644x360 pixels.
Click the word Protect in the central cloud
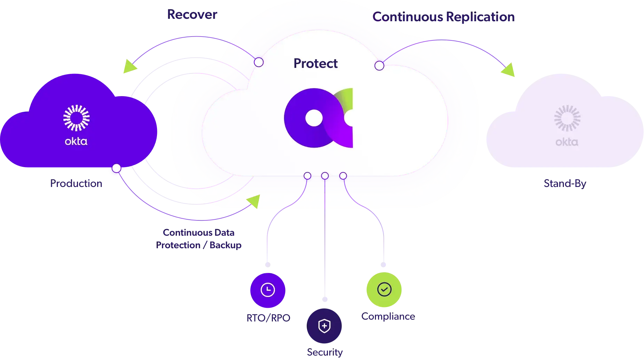[315, 63]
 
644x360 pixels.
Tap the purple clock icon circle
[268, 290]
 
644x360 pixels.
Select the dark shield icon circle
[324, 326]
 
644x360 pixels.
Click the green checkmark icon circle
[384, 289]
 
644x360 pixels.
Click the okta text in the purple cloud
[76, 141]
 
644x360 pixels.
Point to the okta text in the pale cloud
[567, 142]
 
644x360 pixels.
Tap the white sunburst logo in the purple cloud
[76, 118]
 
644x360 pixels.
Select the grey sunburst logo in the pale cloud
[567, 118]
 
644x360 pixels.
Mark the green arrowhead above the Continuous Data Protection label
[254, 202]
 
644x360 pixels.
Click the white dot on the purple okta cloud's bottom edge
[116, 169]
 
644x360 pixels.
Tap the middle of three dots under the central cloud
[325, 176]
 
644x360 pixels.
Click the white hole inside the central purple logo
[314, 118]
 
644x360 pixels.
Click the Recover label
[192, 14]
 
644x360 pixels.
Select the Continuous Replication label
[443, 17]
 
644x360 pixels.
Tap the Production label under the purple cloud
[76, 183]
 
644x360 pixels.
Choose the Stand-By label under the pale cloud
[565, 183]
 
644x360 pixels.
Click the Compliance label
[387, 316]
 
